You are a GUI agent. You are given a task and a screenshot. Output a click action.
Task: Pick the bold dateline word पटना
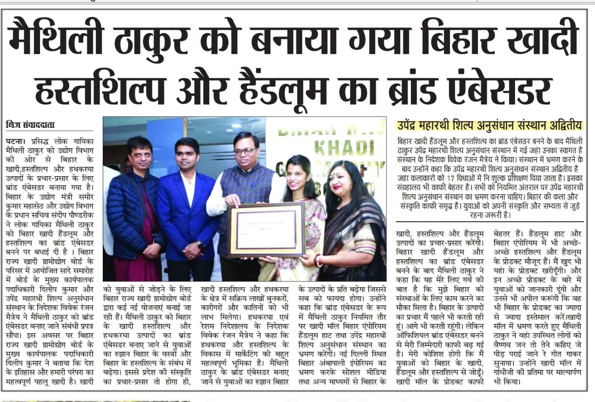pyautogui.click(x=15, y=140)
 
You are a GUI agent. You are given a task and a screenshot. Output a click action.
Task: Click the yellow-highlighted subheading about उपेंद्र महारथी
pyautogui.click(x=489, y=125)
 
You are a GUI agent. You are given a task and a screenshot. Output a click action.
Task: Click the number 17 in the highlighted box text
pyautogui.click(x=467, y=178)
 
